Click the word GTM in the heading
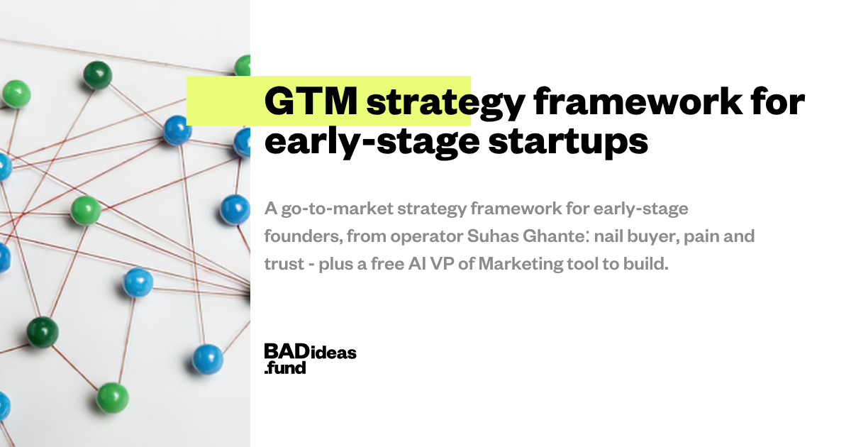point(311,101)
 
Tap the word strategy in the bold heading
point(446,104)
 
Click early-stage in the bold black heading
point(372,141)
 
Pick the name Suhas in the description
point(493,236)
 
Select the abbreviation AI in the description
point(417,264)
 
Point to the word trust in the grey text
point(284,264)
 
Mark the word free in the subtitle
point(387,264)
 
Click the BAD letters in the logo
point(287,351)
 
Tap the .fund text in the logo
point(285,368)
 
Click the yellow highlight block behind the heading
point(328,101)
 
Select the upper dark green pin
point(97,75)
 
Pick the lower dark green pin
point(43,332)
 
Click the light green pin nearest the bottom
point(113,397)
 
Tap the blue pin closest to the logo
point(207,359)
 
